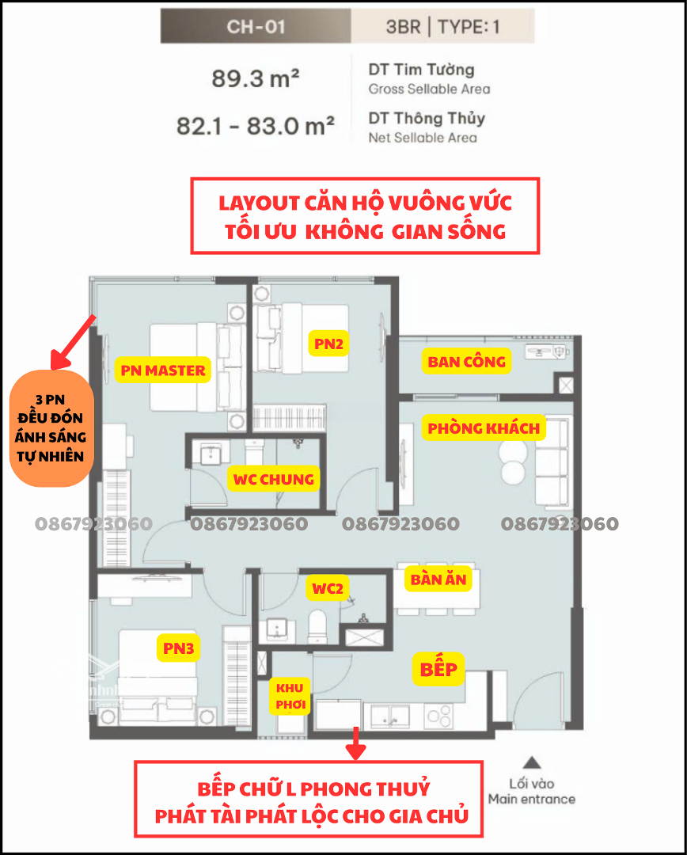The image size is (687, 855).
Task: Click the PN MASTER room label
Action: [163, 370]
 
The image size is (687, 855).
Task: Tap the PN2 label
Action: [328, 344]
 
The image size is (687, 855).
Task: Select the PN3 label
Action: [179, 648]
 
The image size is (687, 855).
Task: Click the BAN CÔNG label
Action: [466, 361]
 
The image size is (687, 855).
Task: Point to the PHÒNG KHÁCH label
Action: [484, 428]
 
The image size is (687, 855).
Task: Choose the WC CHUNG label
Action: [273, 479]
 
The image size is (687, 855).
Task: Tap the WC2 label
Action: [328, 588]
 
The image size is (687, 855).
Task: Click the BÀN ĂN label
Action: [438, 579]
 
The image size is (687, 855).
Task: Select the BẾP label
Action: [438, 669]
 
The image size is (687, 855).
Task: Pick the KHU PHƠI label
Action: [290, 697]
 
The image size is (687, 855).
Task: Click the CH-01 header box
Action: [256, 26]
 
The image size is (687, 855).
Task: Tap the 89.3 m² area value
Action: [255, 79]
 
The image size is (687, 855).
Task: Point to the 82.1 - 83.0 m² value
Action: [255, 127]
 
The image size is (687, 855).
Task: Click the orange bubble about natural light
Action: [51, 428]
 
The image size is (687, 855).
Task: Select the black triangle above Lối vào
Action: [532, 762]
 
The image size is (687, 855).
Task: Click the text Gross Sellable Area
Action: [429, 89]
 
